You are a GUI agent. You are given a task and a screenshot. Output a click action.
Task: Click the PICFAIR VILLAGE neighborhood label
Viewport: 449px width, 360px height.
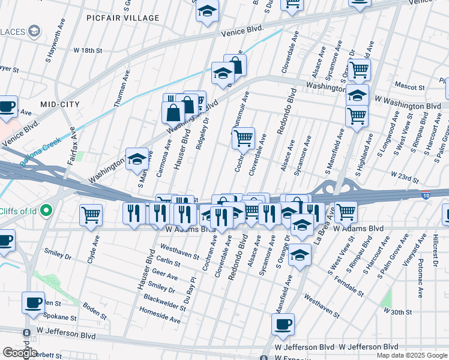point(130,18)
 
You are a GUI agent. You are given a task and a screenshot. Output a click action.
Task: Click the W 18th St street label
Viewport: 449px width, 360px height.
point(88,51)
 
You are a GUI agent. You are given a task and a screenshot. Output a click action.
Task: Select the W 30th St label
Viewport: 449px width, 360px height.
point(398,312)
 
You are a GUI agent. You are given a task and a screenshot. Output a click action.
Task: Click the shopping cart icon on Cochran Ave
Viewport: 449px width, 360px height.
point(243,139)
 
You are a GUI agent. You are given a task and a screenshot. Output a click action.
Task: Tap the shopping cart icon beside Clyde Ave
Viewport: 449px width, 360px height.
point(91,214)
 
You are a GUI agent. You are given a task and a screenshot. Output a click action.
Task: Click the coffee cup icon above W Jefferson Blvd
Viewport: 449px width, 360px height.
point(283,324)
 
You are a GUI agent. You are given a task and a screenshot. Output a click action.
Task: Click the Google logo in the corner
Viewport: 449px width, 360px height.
point(20,353)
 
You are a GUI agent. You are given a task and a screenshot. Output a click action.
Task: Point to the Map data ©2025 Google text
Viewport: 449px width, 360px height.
point(411,355)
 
